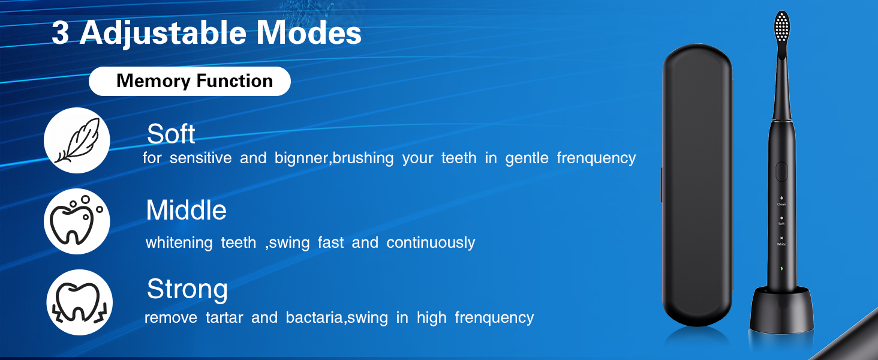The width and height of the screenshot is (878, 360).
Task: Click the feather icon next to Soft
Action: click(77, 140)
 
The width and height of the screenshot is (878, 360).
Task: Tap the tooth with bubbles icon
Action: click(77, 221)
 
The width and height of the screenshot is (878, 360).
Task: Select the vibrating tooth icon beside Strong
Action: click(79, 302)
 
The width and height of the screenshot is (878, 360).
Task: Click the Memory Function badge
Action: click(190, 81)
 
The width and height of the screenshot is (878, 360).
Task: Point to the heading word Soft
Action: click(171, 134)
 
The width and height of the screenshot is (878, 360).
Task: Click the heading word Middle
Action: click(186, 211)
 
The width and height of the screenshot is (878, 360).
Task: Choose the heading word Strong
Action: click(187, 289)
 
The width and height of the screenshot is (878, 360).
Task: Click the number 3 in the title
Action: click(60, 33)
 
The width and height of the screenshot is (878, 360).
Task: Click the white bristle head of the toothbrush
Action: click(782, 27)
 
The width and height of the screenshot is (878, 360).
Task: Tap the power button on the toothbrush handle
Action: click(781, 172)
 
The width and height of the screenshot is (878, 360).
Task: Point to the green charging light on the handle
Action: click(781, 268)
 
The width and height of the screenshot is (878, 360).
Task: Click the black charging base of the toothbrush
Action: click(781, 309)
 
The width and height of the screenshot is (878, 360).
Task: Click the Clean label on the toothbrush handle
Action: click(781, 204)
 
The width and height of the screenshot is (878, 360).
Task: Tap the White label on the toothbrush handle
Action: click(781, 244)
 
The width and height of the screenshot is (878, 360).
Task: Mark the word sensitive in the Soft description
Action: click(200, 158)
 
